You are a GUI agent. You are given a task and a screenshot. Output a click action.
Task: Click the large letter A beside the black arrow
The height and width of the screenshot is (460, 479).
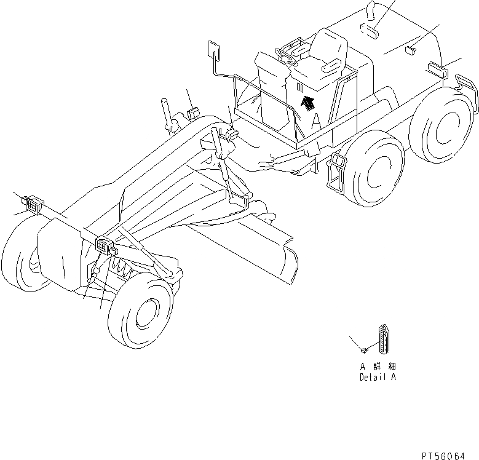pyautogui.click(x=317, y=121)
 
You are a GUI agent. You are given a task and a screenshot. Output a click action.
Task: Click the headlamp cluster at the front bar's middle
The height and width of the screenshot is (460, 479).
pyautogui.click(x=106, y=245)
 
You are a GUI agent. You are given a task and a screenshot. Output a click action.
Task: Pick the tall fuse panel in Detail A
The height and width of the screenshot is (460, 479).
pyautogui.click(x=384, y=342)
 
